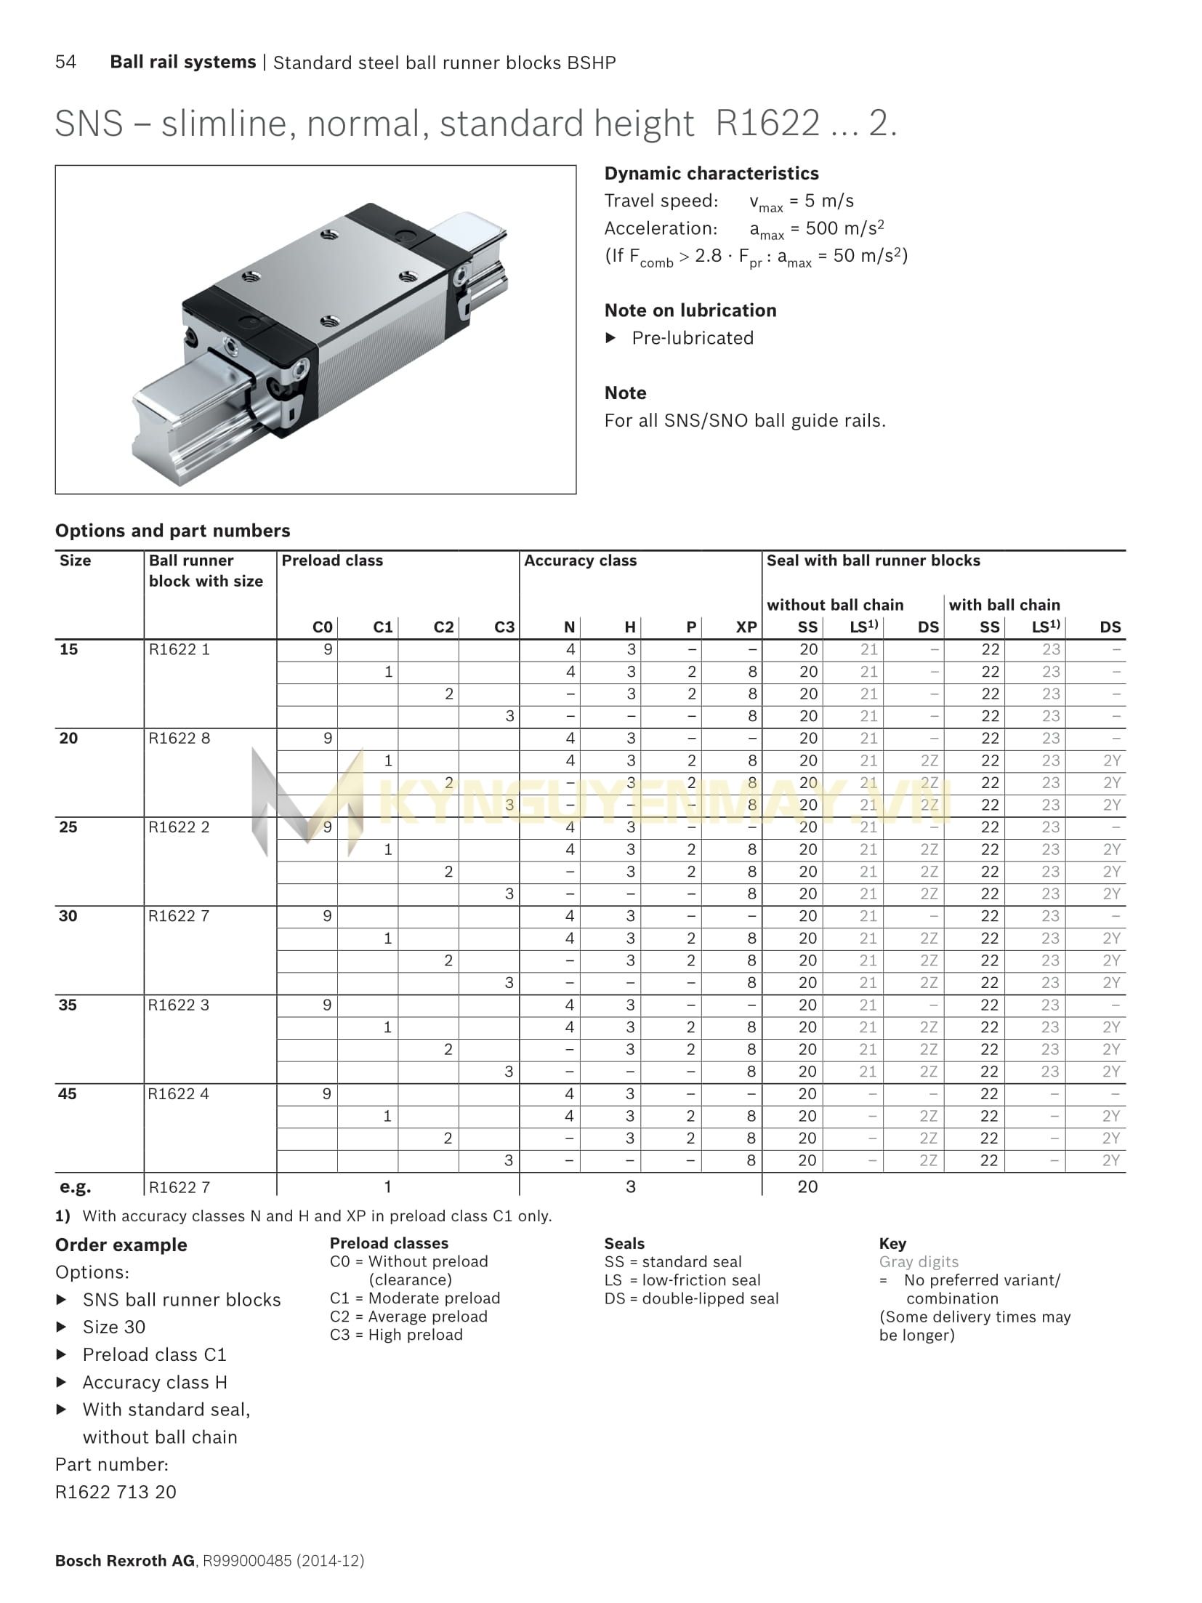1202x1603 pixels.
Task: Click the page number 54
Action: click(x=65, y=62)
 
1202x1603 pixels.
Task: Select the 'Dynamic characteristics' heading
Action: click(x=711, y=173)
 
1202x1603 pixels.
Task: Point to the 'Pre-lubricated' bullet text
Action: click(x=692, y=338)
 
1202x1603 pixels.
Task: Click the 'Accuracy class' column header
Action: click(x=580, y=561)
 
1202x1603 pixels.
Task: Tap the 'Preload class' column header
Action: click(x=332, y=561)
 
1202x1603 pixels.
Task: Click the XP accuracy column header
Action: click(x=746, y=627)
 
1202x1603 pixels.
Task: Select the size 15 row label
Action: click(x=69, y=649)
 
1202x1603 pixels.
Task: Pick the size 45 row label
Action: click(x=68, y=1093)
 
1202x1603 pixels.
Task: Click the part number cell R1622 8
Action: click(x=180, y=738)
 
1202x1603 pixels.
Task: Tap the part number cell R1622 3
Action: click(x=179, y=1005)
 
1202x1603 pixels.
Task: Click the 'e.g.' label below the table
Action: click(x=75, y=1187)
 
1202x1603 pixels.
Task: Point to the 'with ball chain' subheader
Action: click(x=1004, y=605)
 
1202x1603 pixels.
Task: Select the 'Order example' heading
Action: click(x=121, y=1245)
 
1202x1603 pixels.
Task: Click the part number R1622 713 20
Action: click(x=116, y=1492)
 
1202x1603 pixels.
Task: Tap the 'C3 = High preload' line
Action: click(x=396, y=1335)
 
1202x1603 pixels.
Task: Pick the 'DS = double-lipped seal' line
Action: click(x=691, y=1298)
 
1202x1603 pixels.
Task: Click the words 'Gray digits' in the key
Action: click(x=919, y=1262)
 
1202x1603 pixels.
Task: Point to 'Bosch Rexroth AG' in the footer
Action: click(x=124, y=1561)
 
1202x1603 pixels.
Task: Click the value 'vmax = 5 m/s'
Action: click(x=802, y=201)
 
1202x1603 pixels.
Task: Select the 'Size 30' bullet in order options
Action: click(x=114, y=1327)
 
